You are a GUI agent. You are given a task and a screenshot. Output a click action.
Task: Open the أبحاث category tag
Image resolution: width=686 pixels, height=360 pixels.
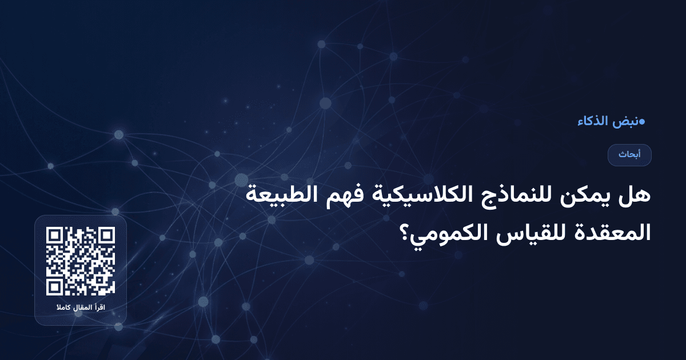click(629, 155)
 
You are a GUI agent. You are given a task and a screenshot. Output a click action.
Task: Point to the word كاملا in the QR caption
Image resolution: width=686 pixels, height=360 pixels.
click(63, 309)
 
